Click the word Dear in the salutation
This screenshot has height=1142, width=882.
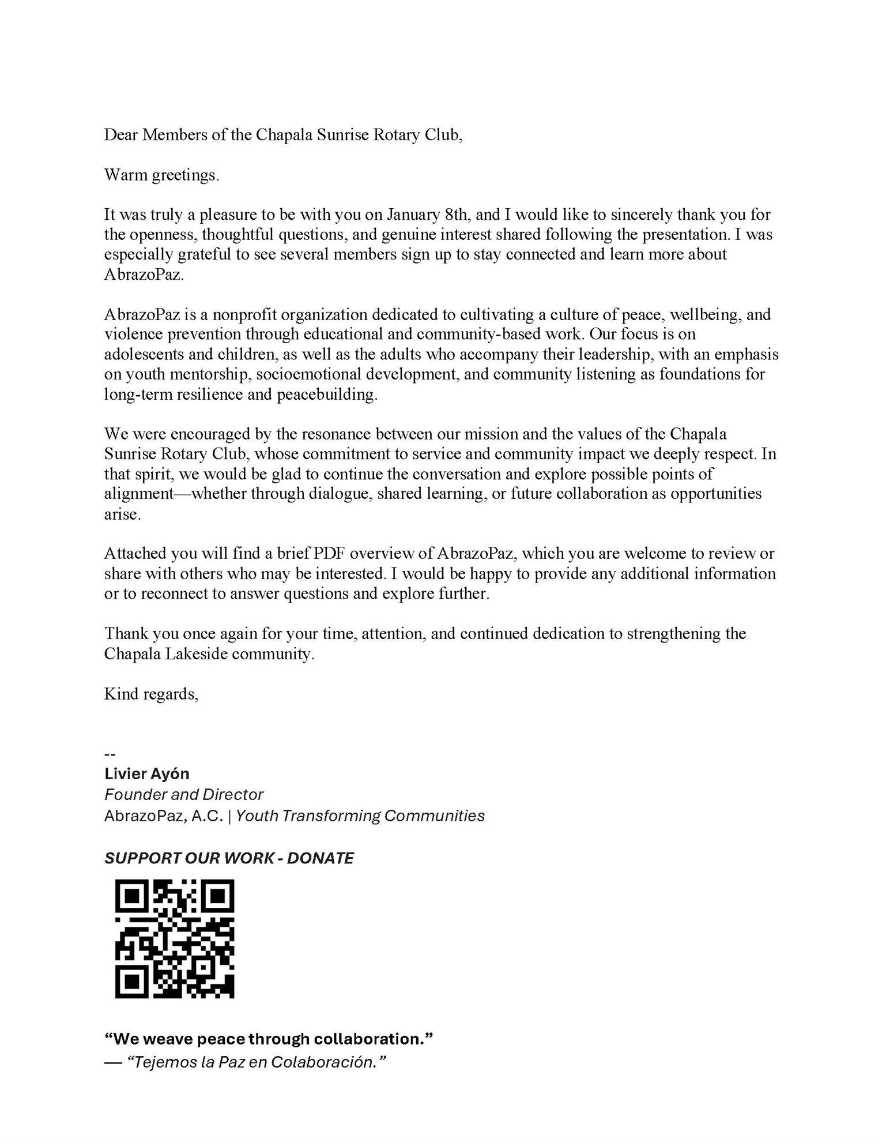point(120,135)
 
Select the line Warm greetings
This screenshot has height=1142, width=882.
point(161,175)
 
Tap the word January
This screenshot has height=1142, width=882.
point(412,215)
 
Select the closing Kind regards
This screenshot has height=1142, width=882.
point(151,694)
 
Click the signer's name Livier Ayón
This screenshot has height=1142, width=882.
point(146,773)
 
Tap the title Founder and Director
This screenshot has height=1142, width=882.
point(183,795)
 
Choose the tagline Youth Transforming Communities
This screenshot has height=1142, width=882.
point(360,816)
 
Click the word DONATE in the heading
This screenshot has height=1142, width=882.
point(320,858)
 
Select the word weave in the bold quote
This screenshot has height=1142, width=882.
point(171,1039)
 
